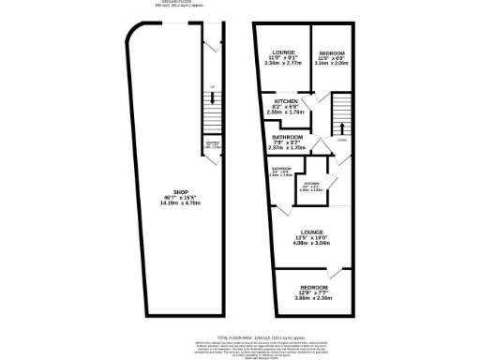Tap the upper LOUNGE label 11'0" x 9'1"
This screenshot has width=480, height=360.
coord(284,52)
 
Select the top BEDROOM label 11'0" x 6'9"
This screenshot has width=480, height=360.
coord(333,52)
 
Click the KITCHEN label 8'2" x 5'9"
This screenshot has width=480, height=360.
coord(286,100)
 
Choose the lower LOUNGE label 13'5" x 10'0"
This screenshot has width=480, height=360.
coord(311,232)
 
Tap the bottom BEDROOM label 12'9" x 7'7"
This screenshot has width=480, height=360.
coord(313,287)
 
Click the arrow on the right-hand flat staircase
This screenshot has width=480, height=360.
coord(341,127)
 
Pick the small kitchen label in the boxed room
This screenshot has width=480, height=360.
coord(311,183)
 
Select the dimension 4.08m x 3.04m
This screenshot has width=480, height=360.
coord(311,244)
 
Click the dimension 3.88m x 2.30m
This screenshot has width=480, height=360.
coord(313,298)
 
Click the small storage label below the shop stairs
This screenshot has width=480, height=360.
coord(212,145)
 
